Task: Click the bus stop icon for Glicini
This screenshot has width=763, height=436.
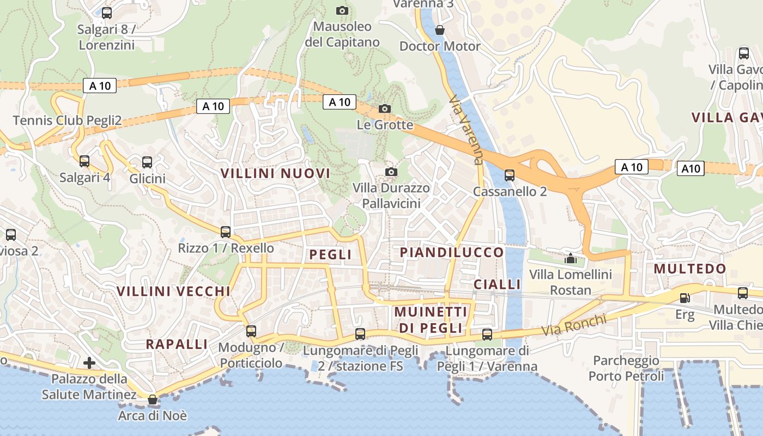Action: [147, 162]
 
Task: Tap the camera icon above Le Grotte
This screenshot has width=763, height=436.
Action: [385, 108]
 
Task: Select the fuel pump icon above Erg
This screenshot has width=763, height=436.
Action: [685, 298]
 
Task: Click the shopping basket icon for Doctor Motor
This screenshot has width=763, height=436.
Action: [440, 29]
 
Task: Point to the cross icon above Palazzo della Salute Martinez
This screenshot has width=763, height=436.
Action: [89, 362]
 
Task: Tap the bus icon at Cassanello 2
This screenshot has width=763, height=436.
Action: [510, 175]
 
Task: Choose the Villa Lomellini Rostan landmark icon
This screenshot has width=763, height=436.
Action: [571, 258]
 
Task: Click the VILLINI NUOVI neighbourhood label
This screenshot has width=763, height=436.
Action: [275, 173]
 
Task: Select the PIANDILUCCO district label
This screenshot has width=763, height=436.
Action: [452, 252]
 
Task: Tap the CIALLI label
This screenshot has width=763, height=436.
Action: [497, 284]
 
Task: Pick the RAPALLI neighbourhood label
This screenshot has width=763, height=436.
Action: [177, 344]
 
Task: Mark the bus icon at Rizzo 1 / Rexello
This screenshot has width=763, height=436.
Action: [226, 232]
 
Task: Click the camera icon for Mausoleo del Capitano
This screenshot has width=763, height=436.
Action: [342, 10]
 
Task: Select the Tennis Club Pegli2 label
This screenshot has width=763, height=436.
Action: [67, 120]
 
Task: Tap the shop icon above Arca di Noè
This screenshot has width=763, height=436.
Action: [153, 399]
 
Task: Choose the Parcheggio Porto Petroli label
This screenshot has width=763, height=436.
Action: [626, 368]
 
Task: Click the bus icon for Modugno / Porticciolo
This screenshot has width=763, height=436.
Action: [251, 331]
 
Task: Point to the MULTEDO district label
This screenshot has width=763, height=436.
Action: [690, 269]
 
